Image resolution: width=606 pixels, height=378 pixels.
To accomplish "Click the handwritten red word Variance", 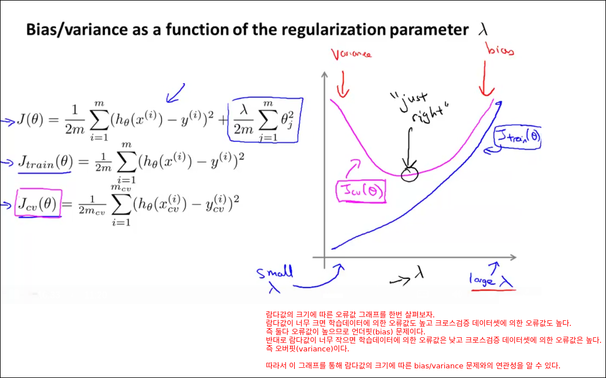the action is pyautogui.click(x=351, y=54).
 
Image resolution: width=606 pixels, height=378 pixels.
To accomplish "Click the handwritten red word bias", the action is pyautogui.click(x=500, y=49).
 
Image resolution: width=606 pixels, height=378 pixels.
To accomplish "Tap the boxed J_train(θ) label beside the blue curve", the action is pyautogui.click(x=518, y=137).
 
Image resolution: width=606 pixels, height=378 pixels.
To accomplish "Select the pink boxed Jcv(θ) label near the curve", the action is pyautogui.click(x=361, y=191).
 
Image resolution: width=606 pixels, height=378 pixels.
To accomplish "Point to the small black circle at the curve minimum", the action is pyautogui.click(x=409, y=173).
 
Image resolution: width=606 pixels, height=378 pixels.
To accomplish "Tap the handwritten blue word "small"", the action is pyautogui.click(x=274, y=272).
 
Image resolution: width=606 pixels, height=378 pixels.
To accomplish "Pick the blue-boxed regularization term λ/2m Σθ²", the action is pyautogui.click(x=265, y=121).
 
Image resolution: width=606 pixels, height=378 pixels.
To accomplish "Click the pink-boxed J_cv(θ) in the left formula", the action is pyautogui.click(x=38, y=203).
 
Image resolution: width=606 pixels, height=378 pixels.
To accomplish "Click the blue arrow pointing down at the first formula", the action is pyautogui.click(x=175, y=93).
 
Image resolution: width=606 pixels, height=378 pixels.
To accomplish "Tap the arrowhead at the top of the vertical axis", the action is pyautogui.click(x=325, y=75).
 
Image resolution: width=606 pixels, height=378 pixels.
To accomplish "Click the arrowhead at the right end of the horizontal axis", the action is pyautogui.click(x=513, y=257).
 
